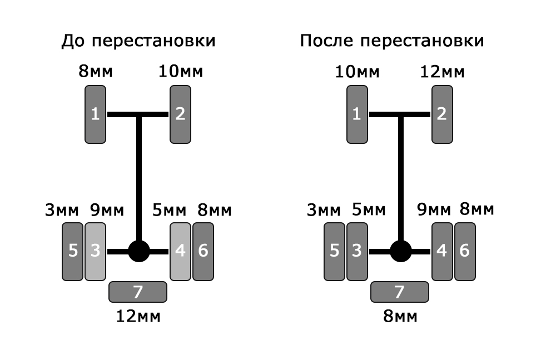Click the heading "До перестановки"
coord(138,41)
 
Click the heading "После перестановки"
coord(392,41)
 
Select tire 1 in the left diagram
coord(96,114)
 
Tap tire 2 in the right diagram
coord(442,114)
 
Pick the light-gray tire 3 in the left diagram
coord(96,252)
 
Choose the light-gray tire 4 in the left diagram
coord(181,252)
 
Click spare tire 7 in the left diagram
coord(138,292)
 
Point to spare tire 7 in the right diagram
coord(400,292)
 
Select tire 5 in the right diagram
coord(334,252)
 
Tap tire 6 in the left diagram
coord(203,252)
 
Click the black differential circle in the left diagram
coord(139,251)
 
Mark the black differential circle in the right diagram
coord(401,251)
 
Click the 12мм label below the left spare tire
coord(138,316)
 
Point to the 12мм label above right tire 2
coord(442,72)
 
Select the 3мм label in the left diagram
coord(62,210)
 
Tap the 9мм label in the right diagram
coord(434,209)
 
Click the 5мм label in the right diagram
coord(369,210)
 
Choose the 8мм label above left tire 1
coord(96,71)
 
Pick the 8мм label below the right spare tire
coord(400,316)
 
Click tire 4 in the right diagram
coord(442,252)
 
